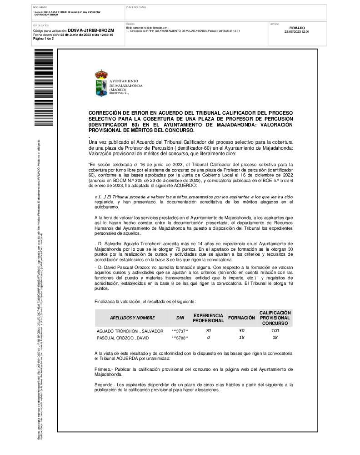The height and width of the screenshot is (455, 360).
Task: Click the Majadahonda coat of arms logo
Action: tap(101, 83)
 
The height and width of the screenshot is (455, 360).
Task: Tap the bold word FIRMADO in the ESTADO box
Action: tap(296, 28)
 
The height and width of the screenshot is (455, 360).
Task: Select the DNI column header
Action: tap(180, 318)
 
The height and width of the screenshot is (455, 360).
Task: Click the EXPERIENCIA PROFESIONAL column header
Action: tap(208, 318)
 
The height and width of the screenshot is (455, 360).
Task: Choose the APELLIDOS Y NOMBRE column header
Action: tap(132, 318)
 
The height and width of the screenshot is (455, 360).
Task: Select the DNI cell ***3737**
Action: tap(180, 331)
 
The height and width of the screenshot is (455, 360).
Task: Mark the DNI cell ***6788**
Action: tap(180, 338)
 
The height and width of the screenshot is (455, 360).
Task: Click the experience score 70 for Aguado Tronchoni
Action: tap(208, 331)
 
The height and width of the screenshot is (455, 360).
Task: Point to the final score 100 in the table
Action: tap(275, 331)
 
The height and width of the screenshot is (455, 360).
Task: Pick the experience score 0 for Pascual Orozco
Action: tap(208, 338)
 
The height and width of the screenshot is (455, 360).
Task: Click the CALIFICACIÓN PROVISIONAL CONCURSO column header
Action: tap(275, 318)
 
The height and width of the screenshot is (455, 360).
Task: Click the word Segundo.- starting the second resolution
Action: tap(104, 385)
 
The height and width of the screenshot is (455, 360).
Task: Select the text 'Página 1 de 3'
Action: tap(43, 39)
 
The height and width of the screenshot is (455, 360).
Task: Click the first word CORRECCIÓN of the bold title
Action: tap(108, 112)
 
